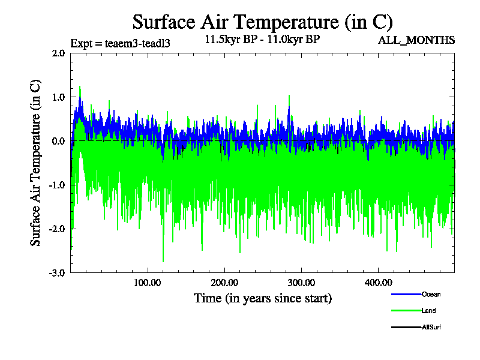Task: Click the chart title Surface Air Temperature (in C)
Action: click(262, 22)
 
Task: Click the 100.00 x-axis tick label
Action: click(147, 283)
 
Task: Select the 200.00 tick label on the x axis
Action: click(224, 283)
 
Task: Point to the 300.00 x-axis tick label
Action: click(301, 283)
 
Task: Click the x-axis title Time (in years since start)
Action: click(262, 298)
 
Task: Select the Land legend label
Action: click(428, 311)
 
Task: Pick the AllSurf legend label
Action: click(432, 327)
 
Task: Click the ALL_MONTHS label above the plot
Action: click(416, 41)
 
